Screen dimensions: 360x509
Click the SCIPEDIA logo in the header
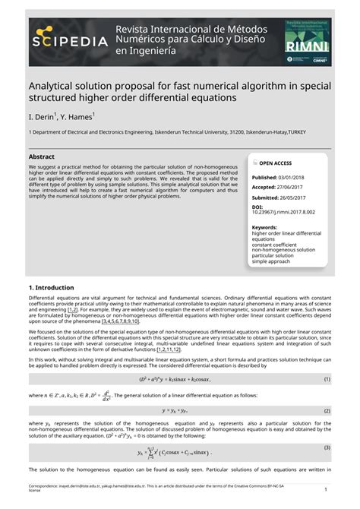click(x=68, y=40)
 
